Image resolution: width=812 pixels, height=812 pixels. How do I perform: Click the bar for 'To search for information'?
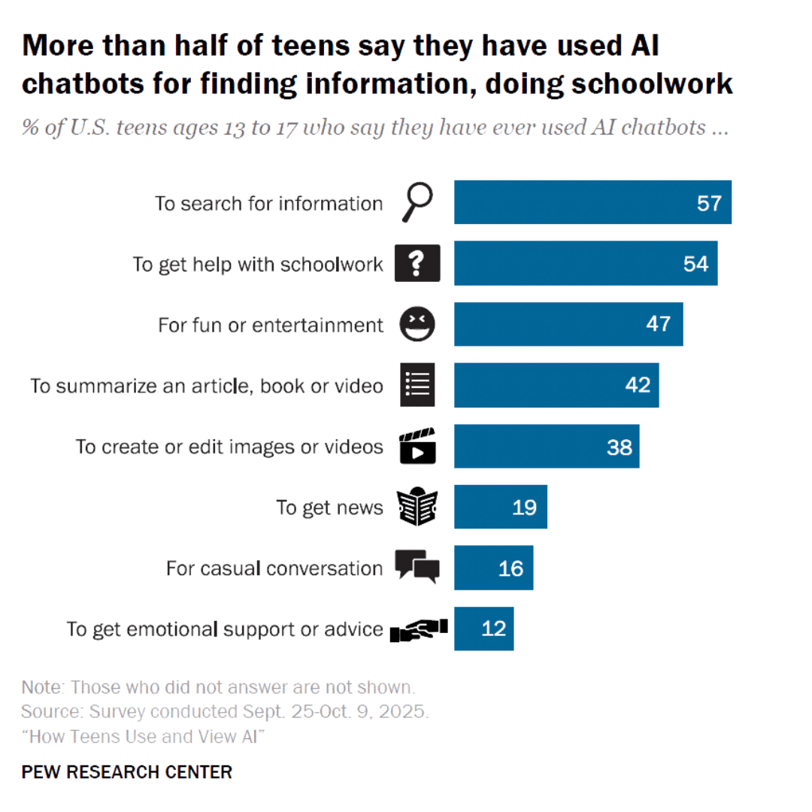click(x=592, y=203)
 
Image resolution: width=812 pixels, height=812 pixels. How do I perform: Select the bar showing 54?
click(x=586, y=264)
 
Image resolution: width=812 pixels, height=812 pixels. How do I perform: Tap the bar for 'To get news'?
click(x=501, y=507)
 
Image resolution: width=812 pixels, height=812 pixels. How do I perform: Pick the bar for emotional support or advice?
click(x=484, y=629)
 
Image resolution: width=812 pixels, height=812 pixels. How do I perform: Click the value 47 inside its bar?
click(x=659, y=325)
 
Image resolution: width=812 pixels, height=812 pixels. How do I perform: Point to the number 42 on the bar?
click(x=638, y=385)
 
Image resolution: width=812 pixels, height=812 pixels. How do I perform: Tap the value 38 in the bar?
click(x=619, y=447)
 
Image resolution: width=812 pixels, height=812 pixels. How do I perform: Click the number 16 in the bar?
click(x=511, y=568)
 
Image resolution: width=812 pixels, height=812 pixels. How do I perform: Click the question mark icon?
click(x=417, y=264)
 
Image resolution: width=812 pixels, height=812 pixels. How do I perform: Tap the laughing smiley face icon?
click(x=417, y=325)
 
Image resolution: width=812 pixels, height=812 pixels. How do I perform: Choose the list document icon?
click(x=417, y=385)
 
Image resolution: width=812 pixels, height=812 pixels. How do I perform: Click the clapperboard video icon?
click(x=417, y=447)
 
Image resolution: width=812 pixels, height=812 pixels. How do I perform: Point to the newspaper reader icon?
click(x=417, y=507)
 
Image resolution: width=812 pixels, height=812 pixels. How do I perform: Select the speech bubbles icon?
click(x=417, y=568)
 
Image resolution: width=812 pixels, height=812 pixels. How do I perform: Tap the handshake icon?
click(x=418, y=629)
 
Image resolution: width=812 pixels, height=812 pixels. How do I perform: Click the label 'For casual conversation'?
click(x=274, y=568)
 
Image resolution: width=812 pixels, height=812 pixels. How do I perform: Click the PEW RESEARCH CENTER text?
click(x=127, y=772)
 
